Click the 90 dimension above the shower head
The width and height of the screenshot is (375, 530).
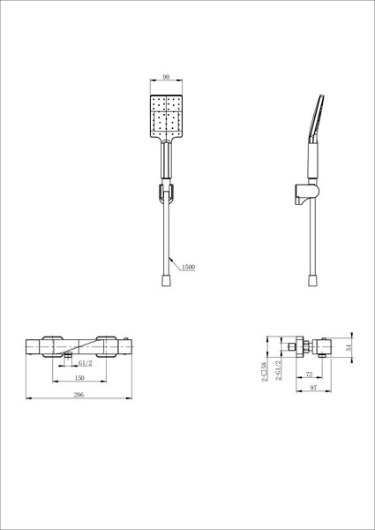coord(166,77)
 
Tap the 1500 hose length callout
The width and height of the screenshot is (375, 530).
coord(188,267)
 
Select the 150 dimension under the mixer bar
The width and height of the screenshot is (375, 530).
coord(79,378)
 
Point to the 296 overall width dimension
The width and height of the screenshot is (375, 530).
coord(79,395)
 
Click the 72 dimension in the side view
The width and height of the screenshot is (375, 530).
coord(309,375)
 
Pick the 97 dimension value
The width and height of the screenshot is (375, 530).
coord(313,388)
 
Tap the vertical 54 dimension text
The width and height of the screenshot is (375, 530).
coord(349,347)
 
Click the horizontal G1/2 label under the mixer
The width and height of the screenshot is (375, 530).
coord(85,363)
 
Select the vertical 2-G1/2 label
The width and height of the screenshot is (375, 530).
coord(279,370)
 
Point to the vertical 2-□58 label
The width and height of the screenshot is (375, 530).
coord(265,372)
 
